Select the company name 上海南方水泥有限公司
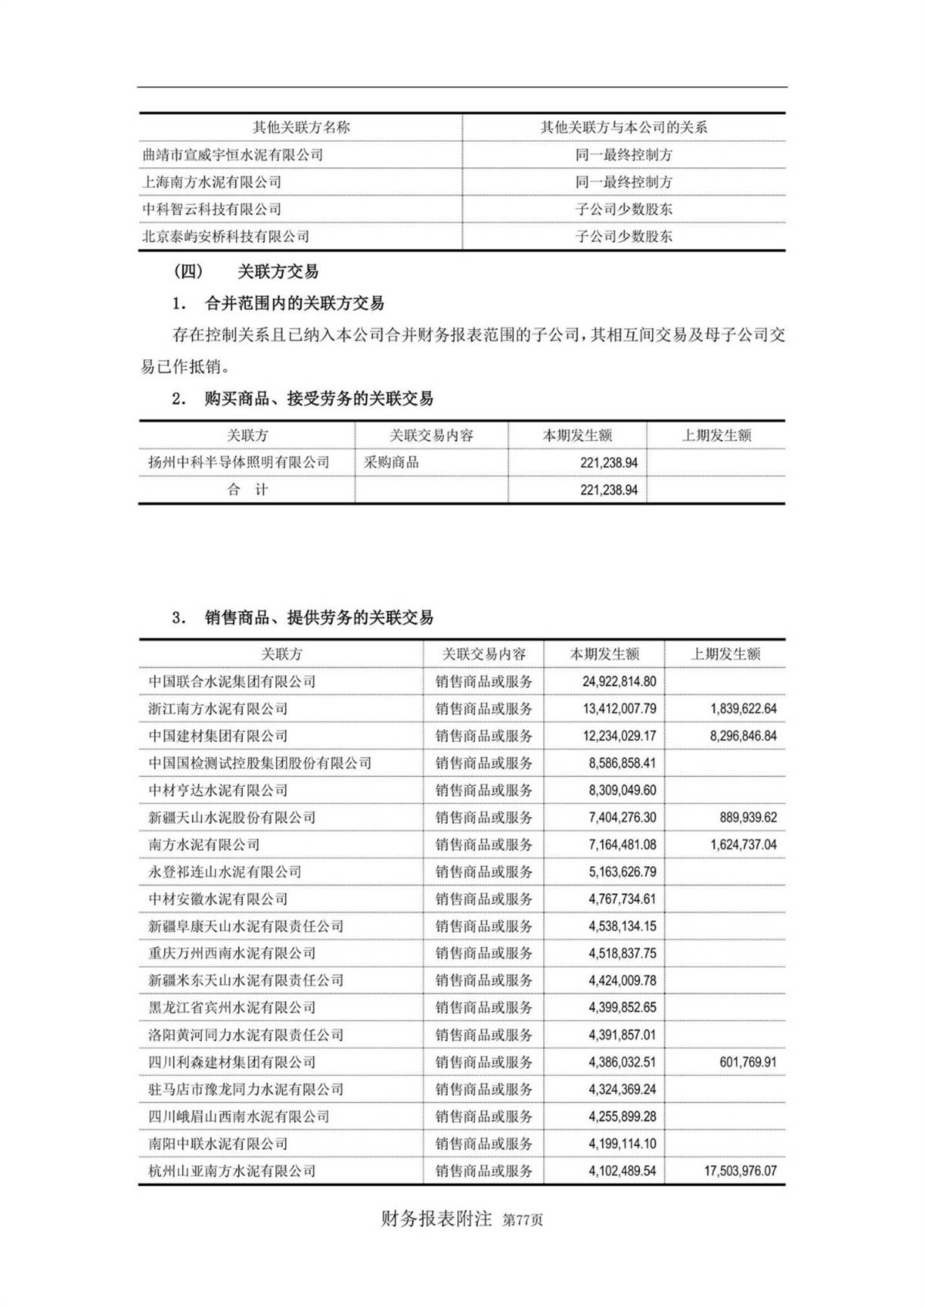212,182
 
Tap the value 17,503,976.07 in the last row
740,1171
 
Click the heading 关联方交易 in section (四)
277,271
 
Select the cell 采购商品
392,462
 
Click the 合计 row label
247,489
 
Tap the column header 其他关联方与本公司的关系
624,127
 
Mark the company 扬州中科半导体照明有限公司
239,462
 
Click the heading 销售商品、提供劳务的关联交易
318,617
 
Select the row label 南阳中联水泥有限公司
218,1144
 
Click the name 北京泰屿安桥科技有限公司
226,237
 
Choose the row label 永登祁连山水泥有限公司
225,872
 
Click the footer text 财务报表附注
436,1219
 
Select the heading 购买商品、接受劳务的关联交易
318,398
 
